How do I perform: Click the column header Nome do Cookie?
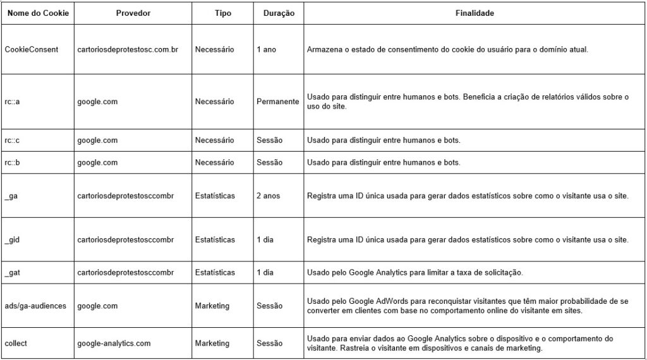pos(37,13)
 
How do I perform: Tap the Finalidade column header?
pos(475,13)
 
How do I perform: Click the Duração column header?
pos(279,13)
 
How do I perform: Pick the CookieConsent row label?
pos(32,49)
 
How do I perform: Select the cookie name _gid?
pos(13,240)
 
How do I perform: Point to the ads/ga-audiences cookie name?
pos(35,306)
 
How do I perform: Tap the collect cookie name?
pos(16,344)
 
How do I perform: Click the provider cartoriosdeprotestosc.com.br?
pos(128,49)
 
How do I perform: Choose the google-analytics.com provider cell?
pos(114,344)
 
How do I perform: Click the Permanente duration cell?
pos(277,102)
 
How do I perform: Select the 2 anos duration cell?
pos(268,196)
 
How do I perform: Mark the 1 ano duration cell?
pos(266,49)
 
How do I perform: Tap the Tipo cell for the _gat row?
pos(215,273)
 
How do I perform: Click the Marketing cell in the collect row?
pos(212,344)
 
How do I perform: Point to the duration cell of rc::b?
pos(269,162)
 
